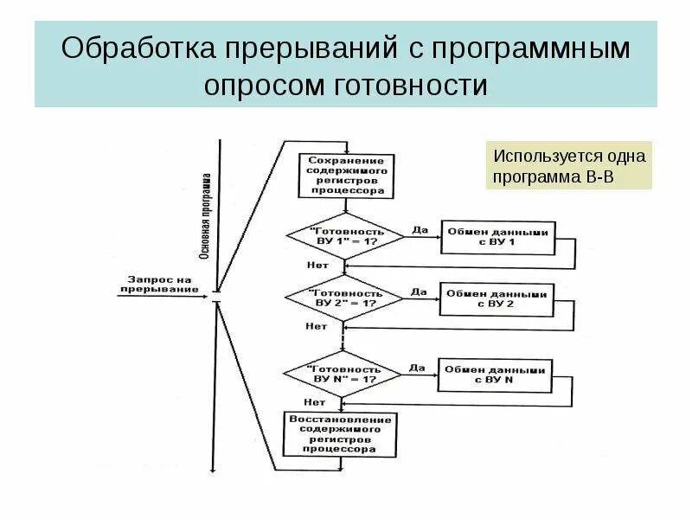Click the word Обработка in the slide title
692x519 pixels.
click(138, 48)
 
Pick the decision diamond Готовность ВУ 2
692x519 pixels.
click(343, 298)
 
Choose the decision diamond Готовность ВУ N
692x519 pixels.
click(342, 374)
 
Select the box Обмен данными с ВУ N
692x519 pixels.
click(494, 374)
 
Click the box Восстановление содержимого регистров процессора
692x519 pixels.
click(341, 434)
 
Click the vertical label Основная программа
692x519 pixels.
click(205, 216)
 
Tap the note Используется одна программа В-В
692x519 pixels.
click(568, 166)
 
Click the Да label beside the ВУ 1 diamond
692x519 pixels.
click(420, 229)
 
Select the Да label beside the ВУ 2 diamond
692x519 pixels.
click(419, 292)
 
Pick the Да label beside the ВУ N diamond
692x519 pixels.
click(418, 367)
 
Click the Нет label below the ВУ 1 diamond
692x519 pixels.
click(317, 265)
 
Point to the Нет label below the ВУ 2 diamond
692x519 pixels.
click(316, 326)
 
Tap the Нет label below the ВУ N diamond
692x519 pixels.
click(314, 401)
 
